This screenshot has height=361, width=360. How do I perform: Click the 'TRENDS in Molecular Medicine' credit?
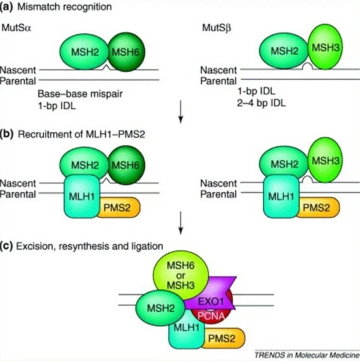pyautogui.click(x=306, y=354)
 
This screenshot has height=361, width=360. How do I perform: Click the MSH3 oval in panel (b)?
pyautogui.click(x=324, y=161)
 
